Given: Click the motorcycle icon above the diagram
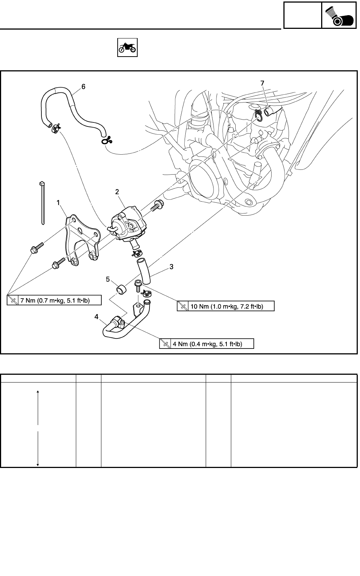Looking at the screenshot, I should point(127,47).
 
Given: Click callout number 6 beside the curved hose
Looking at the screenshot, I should point(83,86).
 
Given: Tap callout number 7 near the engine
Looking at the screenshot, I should point(262,84).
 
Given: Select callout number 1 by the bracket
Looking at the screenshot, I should point(58,202).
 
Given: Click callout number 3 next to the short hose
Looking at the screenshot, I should point(171,266).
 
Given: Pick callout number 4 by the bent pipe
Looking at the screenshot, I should point(96,316).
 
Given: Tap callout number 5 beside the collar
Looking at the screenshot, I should point(108,279).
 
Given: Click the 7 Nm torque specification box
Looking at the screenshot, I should point(54,300).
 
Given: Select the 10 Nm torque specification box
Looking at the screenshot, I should point(226,306).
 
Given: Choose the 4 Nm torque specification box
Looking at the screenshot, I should point(207,344).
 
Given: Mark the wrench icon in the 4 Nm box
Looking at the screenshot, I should point(165,344).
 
